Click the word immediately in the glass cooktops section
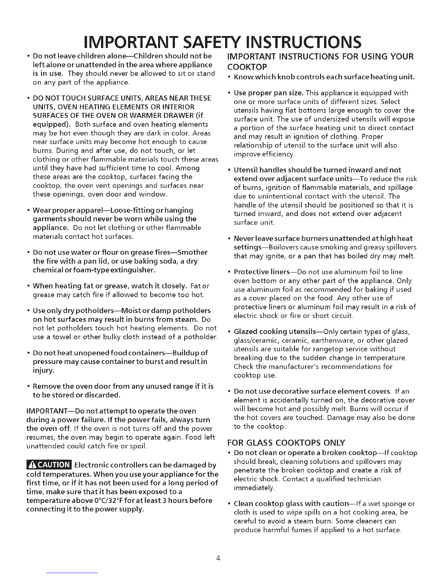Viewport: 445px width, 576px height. click(253, 488)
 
